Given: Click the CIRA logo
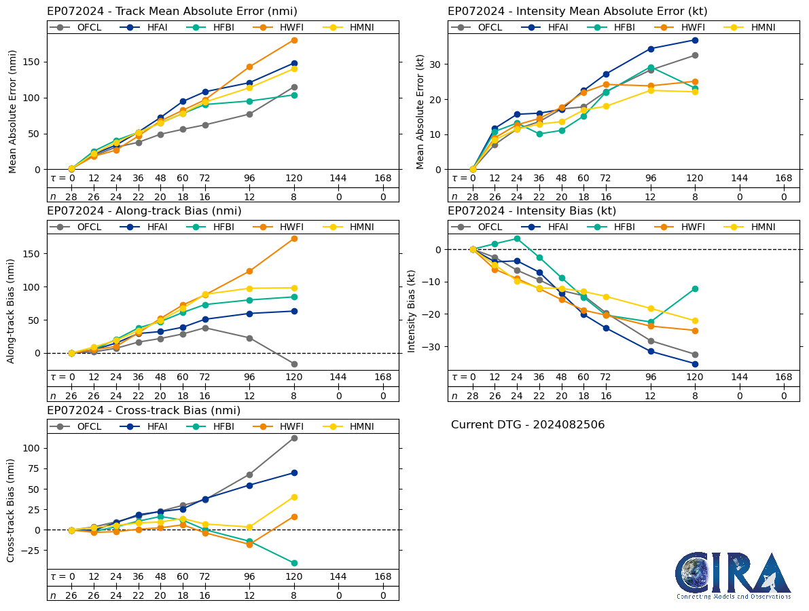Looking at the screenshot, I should [733, 575].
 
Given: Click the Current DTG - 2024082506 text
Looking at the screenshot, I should [528, 425].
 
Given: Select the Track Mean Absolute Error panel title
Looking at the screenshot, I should [172, 11].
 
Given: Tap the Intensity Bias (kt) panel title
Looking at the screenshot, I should [532, 211].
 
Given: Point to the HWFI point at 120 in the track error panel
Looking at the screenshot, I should [294, 40].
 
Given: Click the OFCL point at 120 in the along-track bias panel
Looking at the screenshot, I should [294, 364].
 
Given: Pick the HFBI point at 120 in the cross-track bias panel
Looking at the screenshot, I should [294, 563].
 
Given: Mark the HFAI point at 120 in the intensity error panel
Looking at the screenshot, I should [695, 40].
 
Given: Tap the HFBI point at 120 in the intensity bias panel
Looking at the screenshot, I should [695, 289].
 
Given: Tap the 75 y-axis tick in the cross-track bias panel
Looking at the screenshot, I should [33, 468].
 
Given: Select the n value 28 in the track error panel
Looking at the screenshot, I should [71, 197].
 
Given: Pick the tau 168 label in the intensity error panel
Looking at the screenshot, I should [784, 178].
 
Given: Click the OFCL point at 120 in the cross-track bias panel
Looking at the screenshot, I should [294, 438].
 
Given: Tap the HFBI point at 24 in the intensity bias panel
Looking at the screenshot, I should [517, 238].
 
